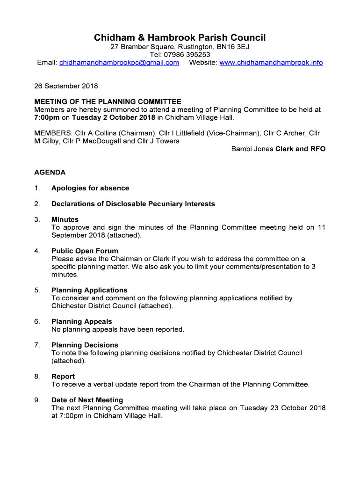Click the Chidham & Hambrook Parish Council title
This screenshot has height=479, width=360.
pyautogui.click(x=180, y=37)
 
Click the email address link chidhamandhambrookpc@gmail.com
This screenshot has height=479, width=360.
pyautogui.click(x=119, y=63)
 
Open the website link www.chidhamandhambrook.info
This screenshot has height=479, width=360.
pyautogui.click(x=271, y=63)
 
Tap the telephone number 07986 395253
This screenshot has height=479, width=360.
pyautogui.click(x=187, y=55)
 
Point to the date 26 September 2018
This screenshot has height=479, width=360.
pyautogui.click(x=66, y=86)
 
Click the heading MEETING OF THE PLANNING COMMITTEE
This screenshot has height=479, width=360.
pyautogui.click(x=108, y=102)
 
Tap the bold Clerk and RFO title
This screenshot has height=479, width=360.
pyautogui.click(x=300, y=149)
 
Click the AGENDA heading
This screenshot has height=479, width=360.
pyautogui.click(x=50, y=173)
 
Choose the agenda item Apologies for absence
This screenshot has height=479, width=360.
pyautogui.click(x=90, y=188)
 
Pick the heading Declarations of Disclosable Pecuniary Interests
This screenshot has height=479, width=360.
pyautogui.click(x=133, y=204)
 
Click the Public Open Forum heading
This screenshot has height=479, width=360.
pyautogui.click(x=85, y=251)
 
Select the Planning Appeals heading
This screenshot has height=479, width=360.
pyautogui.click(x=82, y=321)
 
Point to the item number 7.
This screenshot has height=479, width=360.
pyautogui.click(x=37, y=345)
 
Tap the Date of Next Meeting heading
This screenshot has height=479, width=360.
pyautogui.click(x=87, y=400)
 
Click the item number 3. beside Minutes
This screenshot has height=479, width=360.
pyautogui.click(x=37, y=219)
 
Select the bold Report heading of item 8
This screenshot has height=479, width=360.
pyautogui.click(x=63, y=377)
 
